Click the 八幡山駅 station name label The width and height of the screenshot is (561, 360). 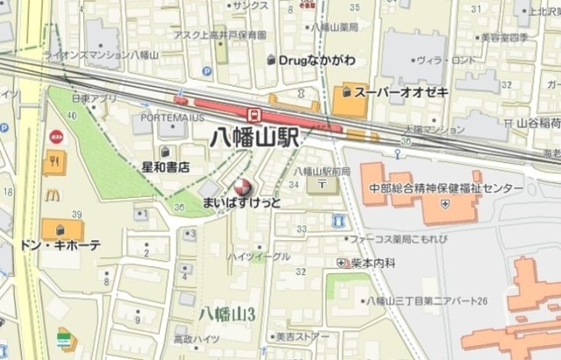[257, 138]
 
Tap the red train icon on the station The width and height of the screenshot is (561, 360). [254, 113]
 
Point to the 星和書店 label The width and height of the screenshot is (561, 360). [166, 166]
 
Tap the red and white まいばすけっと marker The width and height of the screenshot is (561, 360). [242, 187]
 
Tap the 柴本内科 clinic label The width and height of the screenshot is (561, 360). [374, 262]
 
